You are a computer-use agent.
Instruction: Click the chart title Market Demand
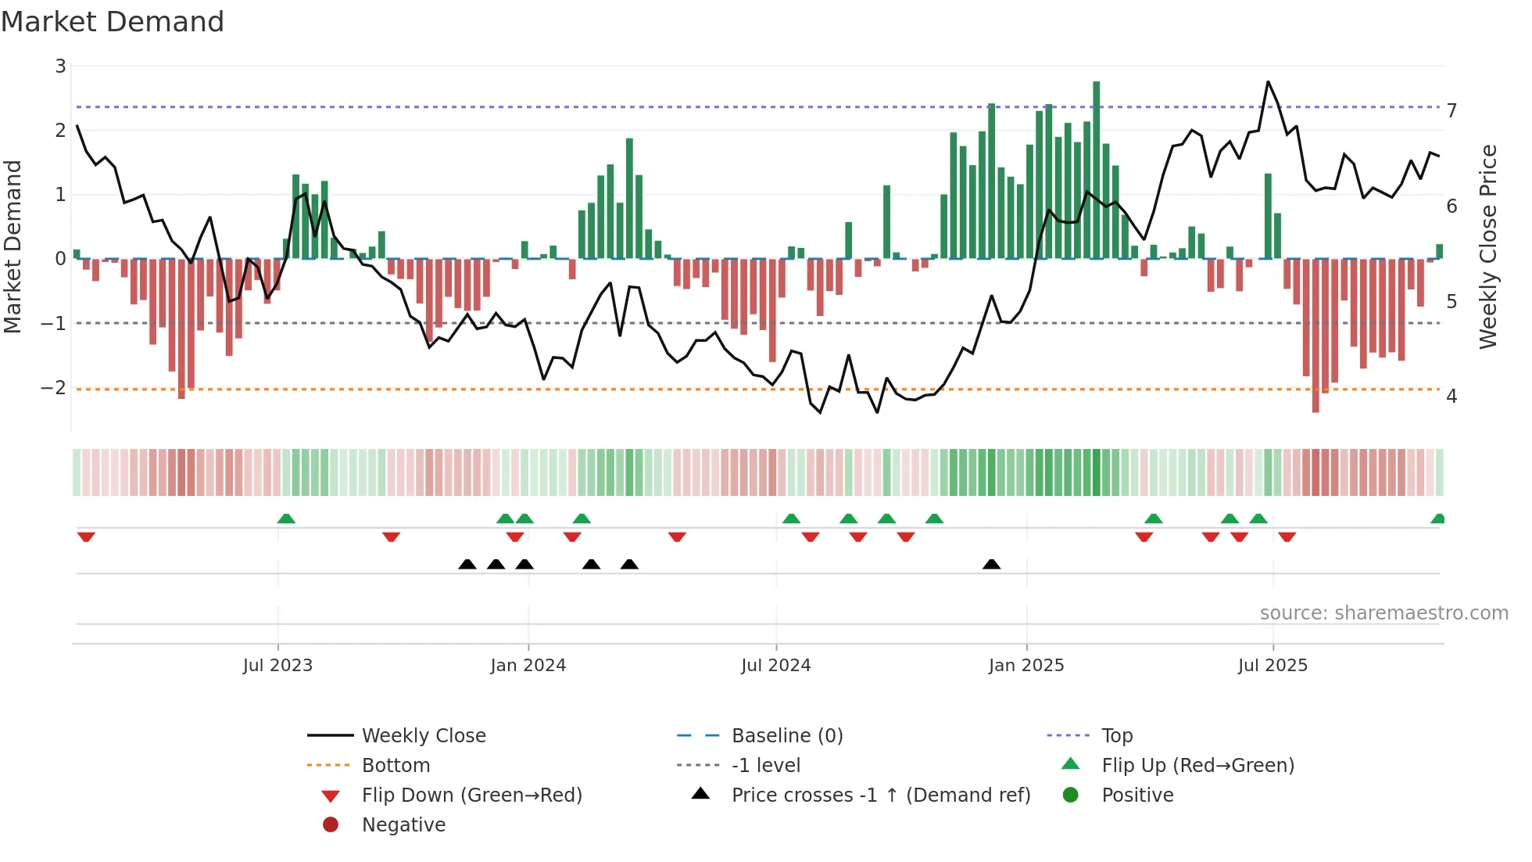[x=113, y=22]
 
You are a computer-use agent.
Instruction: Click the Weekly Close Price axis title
[x=1487, y=246]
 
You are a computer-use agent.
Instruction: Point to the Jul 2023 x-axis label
[x=277, y=666]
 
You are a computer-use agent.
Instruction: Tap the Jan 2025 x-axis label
[x=1026, y=666]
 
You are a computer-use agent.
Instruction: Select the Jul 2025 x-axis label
[x=1272, y=666]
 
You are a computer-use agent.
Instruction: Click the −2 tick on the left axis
[x=53, y=388]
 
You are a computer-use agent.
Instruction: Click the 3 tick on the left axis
[x=60, y=66]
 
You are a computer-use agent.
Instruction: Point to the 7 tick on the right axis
[x=1451, y=111]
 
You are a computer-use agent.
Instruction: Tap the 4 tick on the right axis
[x=1451, y=397]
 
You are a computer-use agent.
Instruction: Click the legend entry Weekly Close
[x=423, y=736]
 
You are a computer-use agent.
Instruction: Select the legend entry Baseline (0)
[x=786, y=736]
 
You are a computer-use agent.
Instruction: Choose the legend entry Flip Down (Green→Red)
[x=471, y=796]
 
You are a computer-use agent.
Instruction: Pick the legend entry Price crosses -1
[x=880, y=796]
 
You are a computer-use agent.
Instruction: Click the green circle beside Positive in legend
[x=1071, y=796]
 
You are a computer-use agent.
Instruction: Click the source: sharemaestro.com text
[x=1383, y=613]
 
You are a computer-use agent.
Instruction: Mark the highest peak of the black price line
[x=1268, y=82]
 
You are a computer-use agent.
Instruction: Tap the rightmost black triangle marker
[x=991, y=565]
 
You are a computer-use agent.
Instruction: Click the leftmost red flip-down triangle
[x=86, y=537]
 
